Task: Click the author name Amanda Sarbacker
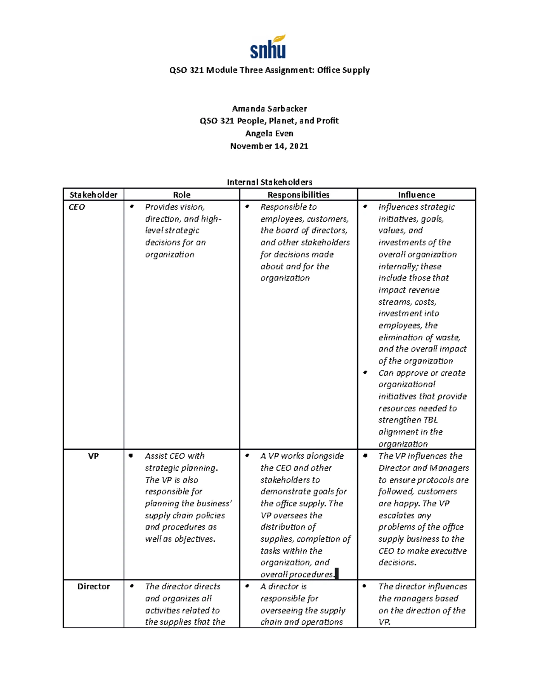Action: (x=269, y=109)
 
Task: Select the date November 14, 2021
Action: (x=269, y=146)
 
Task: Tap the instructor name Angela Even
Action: (x=269, y=133)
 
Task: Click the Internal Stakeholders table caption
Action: (x=269, y=182)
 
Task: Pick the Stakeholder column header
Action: (x=93, y=195)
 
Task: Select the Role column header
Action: (x=181, y=195)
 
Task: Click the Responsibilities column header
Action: (x=298, y=195)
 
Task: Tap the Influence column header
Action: (x=416, y=195)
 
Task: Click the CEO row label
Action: (x=77, y=207)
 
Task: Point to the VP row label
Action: (x=93, y=456)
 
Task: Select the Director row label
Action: (x=93, y=587)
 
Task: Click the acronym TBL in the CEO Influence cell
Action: (x=430, y=420)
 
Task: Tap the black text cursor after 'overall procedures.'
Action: (x=337, y=574)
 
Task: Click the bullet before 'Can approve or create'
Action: (x=366, y=373)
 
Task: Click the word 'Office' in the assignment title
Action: (x=328, y=70)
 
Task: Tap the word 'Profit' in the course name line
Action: (x=327, y=121)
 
